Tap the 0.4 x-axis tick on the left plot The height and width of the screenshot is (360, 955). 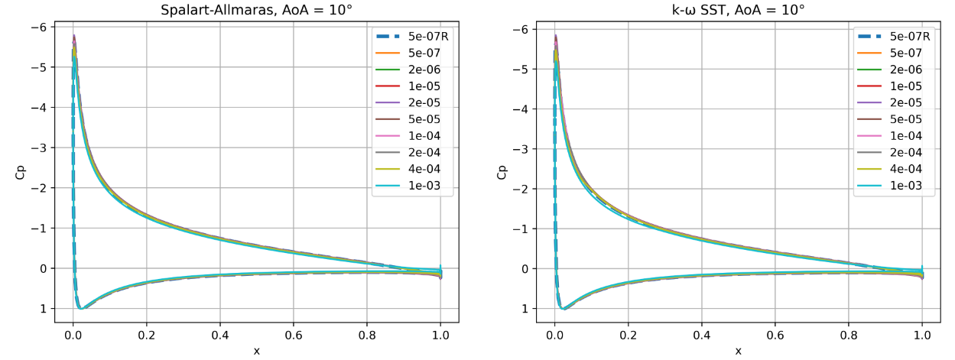(220, 334)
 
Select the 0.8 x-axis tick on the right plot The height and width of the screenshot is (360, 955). (849, 334)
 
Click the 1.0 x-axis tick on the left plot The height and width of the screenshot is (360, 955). (440, 334)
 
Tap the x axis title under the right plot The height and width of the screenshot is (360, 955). (738, 350)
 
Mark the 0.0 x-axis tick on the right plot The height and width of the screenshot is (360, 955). (555, 334)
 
